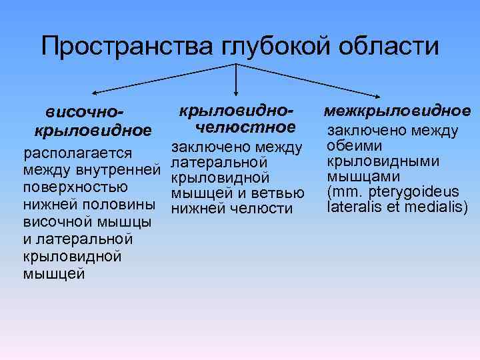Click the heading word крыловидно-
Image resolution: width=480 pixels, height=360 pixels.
click(237, 108)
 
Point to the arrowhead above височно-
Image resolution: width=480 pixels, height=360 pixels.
click(95, 92)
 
